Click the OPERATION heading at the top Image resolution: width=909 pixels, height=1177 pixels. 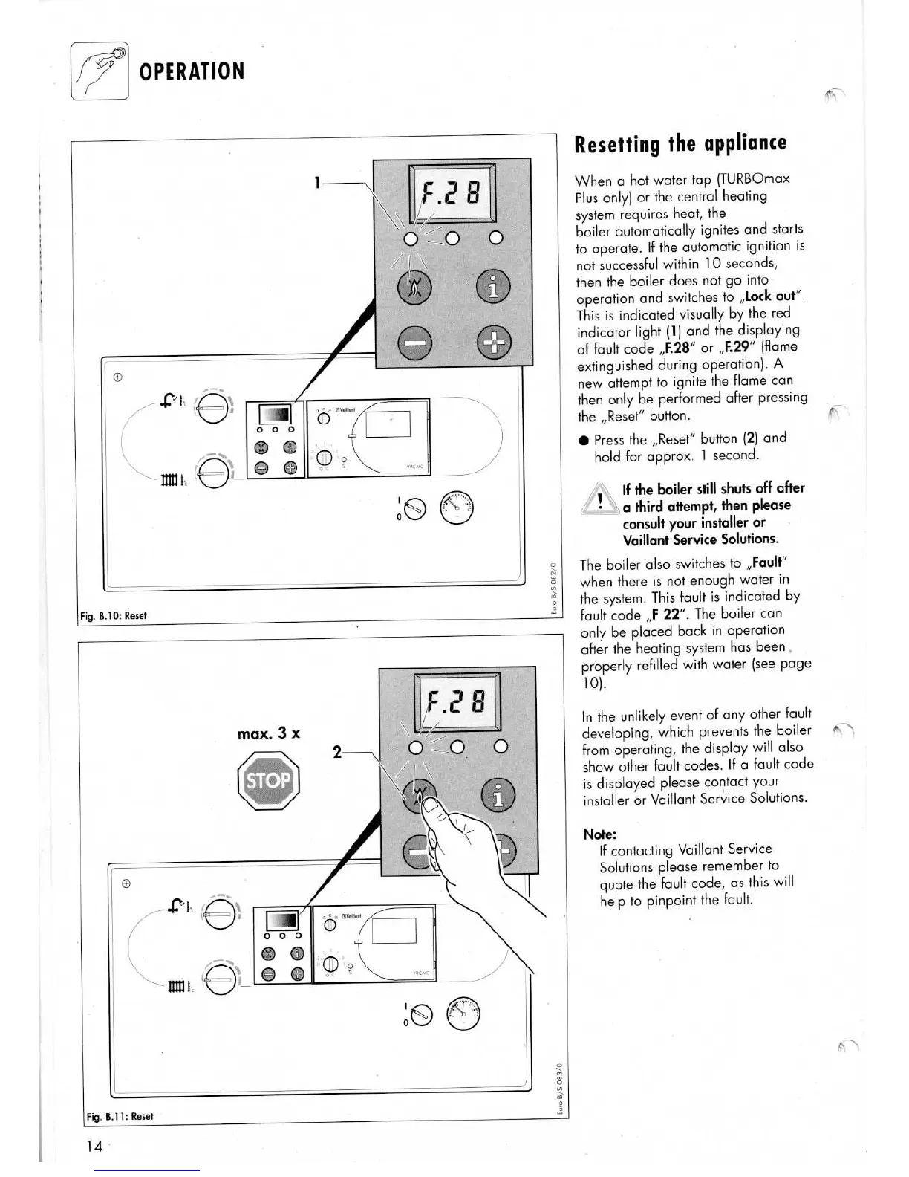tap(192, 71)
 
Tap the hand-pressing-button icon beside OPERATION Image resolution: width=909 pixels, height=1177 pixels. tap(100, 71)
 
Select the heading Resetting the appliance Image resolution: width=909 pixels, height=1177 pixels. tap(680, 143)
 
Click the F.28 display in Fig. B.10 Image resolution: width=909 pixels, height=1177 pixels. tap(452, 193)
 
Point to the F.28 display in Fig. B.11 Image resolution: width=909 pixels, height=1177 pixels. tap(457, 702)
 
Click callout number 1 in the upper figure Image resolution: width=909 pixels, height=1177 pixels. tap(317, 182)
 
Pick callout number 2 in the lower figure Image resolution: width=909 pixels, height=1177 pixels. tap(337, 752)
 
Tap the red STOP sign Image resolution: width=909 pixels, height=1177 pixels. tap(268, 781)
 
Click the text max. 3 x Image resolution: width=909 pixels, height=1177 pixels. tap(269, 733)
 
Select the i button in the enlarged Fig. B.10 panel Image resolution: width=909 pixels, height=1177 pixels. tap(492, 288)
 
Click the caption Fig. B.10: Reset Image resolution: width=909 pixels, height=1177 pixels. tap(114, 615)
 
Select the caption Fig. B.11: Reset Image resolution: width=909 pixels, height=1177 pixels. tap(120, 1116)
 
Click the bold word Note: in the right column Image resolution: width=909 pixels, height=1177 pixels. tap(600, 834)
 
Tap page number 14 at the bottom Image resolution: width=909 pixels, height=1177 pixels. tap(94, 1146)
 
